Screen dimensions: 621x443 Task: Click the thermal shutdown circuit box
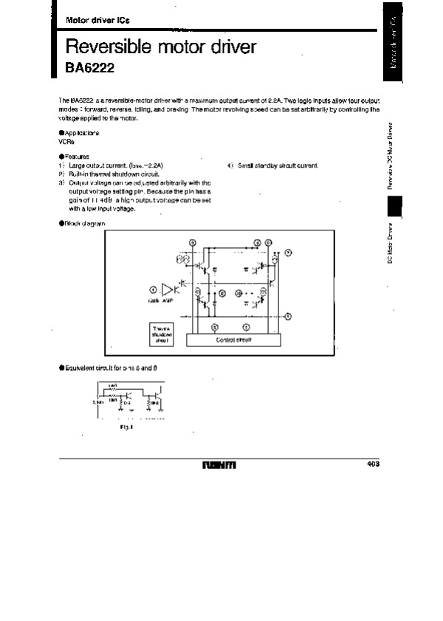pos(162,334)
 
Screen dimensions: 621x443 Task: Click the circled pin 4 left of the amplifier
pos(153,289)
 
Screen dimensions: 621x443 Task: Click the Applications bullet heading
pos(79,133)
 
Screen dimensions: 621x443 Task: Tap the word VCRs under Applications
pos(66,140)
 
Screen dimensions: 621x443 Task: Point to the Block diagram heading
pos(82,223)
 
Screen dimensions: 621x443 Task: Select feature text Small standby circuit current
pos(277,165)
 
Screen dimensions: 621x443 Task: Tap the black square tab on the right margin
pos(394,207)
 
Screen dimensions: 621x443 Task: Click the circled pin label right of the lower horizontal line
pos(289,315)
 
